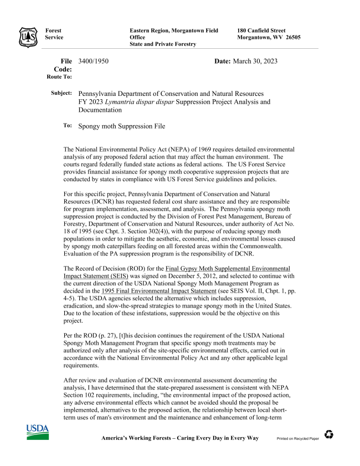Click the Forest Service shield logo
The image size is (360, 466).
click(x=28, y=36)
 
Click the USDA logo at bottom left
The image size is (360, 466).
click(x=37, y=432)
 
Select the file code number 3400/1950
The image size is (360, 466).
click(x=94, y=61)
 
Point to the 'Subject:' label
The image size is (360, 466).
click(x=61, y=93)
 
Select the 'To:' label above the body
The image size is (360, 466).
click(x=67, y=126)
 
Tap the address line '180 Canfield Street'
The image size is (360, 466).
click(x=261, y=30)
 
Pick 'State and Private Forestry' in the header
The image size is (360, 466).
click(x=163, y=44)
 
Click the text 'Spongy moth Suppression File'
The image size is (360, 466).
click(x=122, y=126)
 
